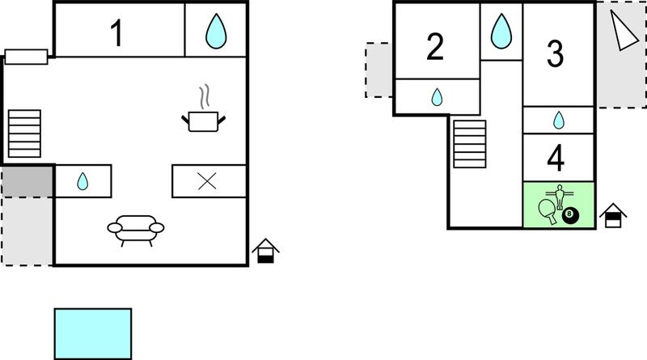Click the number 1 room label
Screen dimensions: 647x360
(x=117, y=33)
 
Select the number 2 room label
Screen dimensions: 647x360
(x=435, y=47)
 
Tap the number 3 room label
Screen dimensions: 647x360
(x=555, y=53)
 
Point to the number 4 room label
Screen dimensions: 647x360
(x=556, y=158)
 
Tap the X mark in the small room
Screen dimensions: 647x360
(x=207, y=181)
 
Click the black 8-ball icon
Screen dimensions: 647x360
(x=571, y=215)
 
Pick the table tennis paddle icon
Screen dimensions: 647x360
(x=548, y=211)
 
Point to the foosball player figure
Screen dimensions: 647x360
(x=560, y=196)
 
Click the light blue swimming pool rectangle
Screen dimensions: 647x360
(x=93, y=333)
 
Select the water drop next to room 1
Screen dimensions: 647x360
(x=216, y=31)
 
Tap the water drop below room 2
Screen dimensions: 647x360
(x=437, y=97)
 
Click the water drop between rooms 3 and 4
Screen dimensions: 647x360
(x=559, y=121)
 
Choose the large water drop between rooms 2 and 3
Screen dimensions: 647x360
(x=501, y=31)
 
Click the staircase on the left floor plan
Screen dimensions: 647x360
(x=24, y=133)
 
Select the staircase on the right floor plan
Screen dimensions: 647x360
(x=470, y=144)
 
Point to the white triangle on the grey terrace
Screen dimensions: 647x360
(x=623, y=31)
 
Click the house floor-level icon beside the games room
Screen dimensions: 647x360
(x=613, y=215)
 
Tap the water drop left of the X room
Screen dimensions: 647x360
(x=82, y=181)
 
